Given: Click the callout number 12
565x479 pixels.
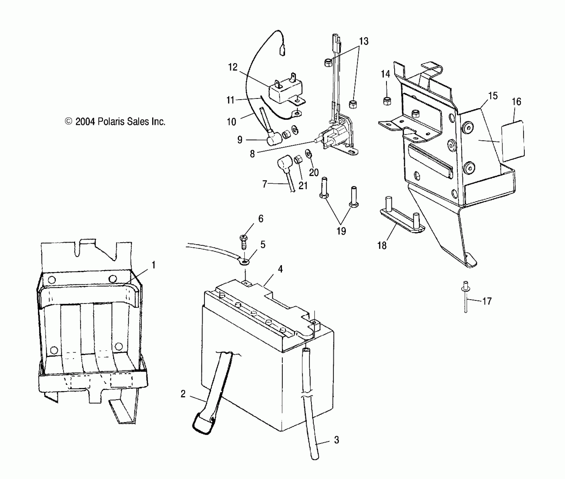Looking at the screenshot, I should coord(233,67).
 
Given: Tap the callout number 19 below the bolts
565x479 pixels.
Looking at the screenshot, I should coord(341,231).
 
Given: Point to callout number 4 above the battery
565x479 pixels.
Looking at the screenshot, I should coord(280,269).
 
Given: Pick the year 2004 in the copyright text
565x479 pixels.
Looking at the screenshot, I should coord(85,121).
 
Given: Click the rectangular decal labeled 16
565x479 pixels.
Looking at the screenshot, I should coord(513,141).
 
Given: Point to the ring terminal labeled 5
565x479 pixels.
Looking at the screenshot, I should coord(244,262).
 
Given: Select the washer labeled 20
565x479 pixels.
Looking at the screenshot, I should coord(308,154).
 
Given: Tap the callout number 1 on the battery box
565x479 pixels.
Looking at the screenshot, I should coord(154,265).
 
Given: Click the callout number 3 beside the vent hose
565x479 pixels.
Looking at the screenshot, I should coord(337,440).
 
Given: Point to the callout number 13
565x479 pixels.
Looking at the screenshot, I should coord(364,41).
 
